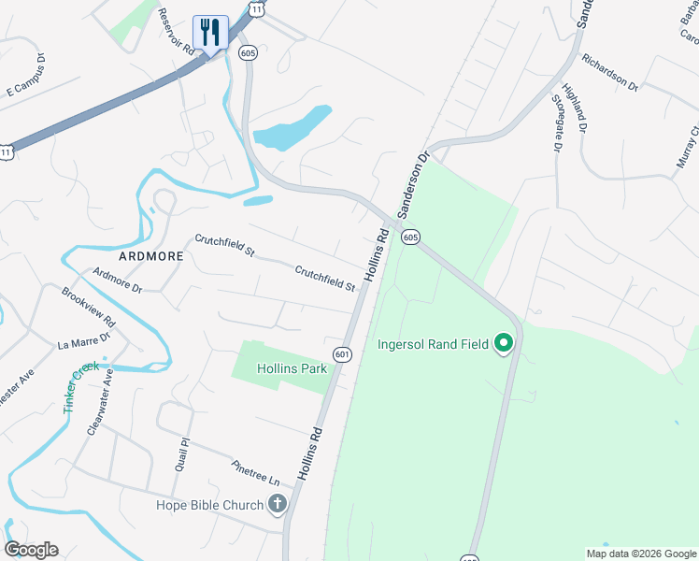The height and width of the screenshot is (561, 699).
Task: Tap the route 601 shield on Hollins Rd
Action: [342, 354]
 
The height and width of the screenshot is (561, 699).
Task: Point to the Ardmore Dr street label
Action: [117, 280]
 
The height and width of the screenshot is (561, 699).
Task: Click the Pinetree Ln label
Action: [255, 471]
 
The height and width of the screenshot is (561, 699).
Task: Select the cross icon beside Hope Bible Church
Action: [277, 506]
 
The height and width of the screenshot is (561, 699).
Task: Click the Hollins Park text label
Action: [294, 368]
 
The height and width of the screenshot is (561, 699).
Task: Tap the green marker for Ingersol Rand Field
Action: [504, 344]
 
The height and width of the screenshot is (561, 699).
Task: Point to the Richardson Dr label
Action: [609, 72]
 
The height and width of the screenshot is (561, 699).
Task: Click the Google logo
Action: [31, 550]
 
